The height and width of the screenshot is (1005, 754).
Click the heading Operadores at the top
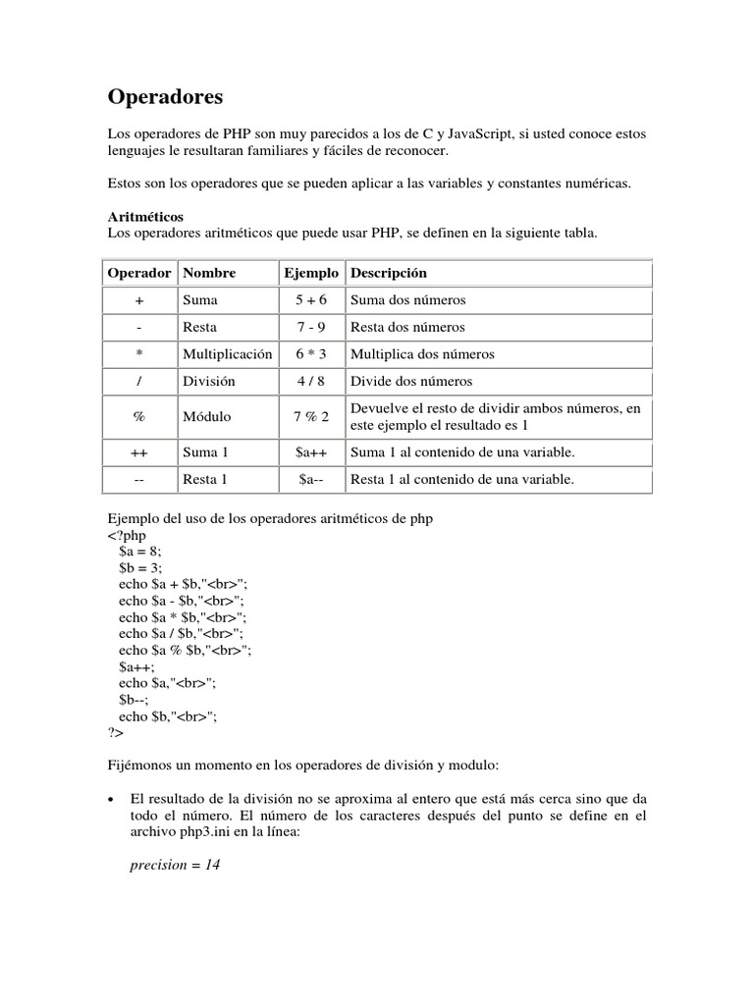(x=165, y=96)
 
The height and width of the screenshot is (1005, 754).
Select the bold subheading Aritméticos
(x=144, y=216)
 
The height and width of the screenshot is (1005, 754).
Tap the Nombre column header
(x=209, y=272)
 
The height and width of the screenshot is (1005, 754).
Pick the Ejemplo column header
(x=311, y=272)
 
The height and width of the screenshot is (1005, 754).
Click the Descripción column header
(x=389, y=272)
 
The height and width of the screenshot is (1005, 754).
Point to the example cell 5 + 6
(x=311, y=299)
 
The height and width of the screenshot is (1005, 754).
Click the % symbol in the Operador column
(x=138, y=416)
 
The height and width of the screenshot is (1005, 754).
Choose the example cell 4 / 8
(x=311, y=381)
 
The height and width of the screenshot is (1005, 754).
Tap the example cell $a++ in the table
(x=311, y=451)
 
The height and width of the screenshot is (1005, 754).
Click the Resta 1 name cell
(x=205, y=479)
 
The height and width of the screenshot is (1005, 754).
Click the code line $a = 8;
(x=139, y=553)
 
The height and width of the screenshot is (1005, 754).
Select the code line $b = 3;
(x=139, y=568)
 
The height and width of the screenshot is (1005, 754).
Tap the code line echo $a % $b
(x=185, y=650)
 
